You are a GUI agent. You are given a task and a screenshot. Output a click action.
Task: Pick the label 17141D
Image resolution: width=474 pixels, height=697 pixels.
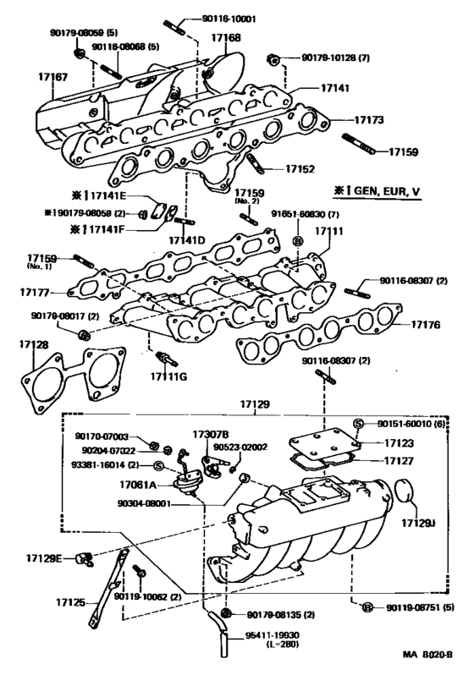[186, 241]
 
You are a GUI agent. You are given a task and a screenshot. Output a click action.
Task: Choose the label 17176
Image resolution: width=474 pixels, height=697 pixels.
[427, 324]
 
